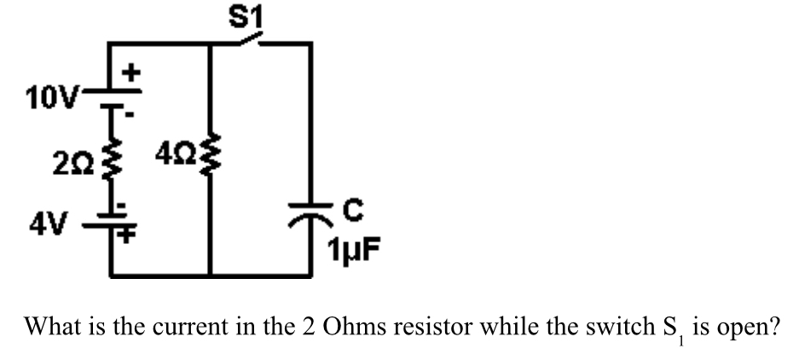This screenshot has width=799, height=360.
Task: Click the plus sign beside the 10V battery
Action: coord(132,73)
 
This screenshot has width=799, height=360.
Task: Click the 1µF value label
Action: coord(351,250)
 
